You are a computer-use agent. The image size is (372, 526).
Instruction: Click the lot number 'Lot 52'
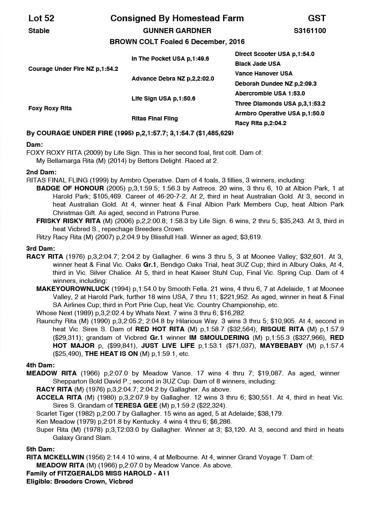click(41, 18)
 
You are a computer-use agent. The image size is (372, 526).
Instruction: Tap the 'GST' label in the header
click(317, 18)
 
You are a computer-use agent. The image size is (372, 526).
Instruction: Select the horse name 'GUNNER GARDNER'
click(177, 31)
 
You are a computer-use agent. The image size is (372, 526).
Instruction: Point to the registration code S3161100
click(310, 31)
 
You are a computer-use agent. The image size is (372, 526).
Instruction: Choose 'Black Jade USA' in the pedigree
click(257, 64)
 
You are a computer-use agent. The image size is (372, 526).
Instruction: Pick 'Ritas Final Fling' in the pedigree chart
click(154, 118)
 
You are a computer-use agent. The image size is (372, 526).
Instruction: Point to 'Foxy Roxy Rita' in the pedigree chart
click(50, 108)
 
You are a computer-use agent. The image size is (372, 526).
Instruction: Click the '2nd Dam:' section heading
click(41, 172)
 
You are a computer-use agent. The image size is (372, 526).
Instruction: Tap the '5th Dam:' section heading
click(41, 449)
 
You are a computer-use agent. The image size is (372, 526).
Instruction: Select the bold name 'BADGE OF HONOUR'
click(70, 188)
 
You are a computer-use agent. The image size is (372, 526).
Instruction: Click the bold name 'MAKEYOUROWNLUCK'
click(73, 288)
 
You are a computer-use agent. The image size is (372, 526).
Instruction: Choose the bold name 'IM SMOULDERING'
click(219, 337)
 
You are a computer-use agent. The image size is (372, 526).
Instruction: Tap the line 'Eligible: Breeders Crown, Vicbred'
click(80, 481)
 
